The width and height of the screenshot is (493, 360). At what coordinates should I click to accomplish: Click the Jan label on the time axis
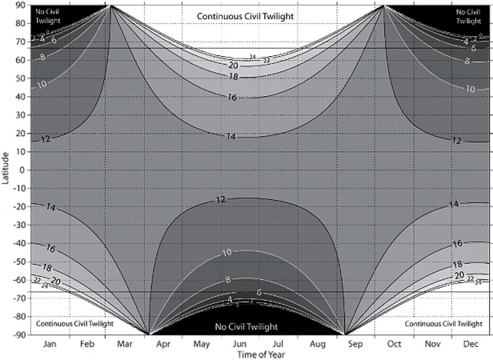50,345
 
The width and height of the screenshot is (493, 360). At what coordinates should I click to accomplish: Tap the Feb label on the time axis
89,345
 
